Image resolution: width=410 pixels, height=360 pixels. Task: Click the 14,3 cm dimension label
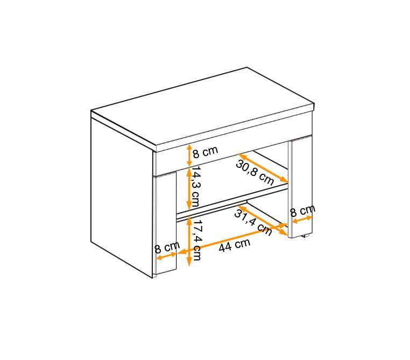[196, 186]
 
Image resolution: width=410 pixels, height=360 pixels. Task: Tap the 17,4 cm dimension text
[196, 239]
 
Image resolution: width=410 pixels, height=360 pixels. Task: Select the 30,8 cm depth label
[255, 173]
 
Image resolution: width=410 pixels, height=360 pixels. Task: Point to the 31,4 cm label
[253, 222]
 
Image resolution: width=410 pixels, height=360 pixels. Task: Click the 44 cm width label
[235, 245]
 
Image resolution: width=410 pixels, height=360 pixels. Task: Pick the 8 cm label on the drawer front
[205, 152]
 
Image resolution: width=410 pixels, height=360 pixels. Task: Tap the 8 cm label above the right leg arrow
[303, 210]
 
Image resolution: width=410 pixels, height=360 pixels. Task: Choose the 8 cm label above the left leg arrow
[167, 247]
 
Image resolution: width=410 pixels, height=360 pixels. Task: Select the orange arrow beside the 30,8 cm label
[263, 168]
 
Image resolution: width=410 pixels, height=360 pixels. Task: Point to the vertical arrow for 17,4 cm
[189, 242]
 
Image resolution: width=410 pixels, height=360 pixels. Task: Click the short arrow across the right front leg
[302, 220]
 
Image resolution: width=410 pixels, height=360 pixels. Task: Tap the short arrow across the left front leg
[166, 256]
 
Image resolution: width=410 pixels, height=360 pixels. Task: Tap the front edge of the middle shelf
[232, 202]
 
